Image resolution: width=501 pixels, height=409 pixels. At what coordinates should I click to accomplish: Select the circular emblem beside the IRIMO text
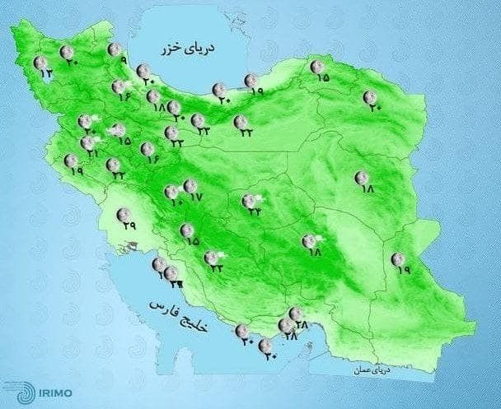[x=16, y=389]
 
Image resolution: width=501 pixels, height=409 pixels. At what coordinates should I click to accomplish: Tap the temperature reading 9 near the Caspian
[x=123, y=61]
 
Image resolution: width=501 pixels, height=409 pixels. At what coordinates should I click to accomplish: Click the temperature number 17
[x=195, y=198]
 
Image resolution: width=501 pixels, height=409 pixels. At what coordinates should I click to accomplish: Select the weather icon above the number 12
[x=40, y=63]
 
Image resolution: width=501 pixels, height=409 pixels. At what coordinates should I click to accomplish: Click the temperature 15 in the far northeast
[x=322, y=78]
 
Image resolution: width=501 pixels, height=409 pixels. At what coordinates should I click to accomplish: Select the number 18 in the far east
[x=366, y=188]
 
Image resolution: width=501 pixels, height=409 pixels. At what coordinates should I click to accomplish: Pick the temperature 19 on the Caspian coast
[x=255, y=91]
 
